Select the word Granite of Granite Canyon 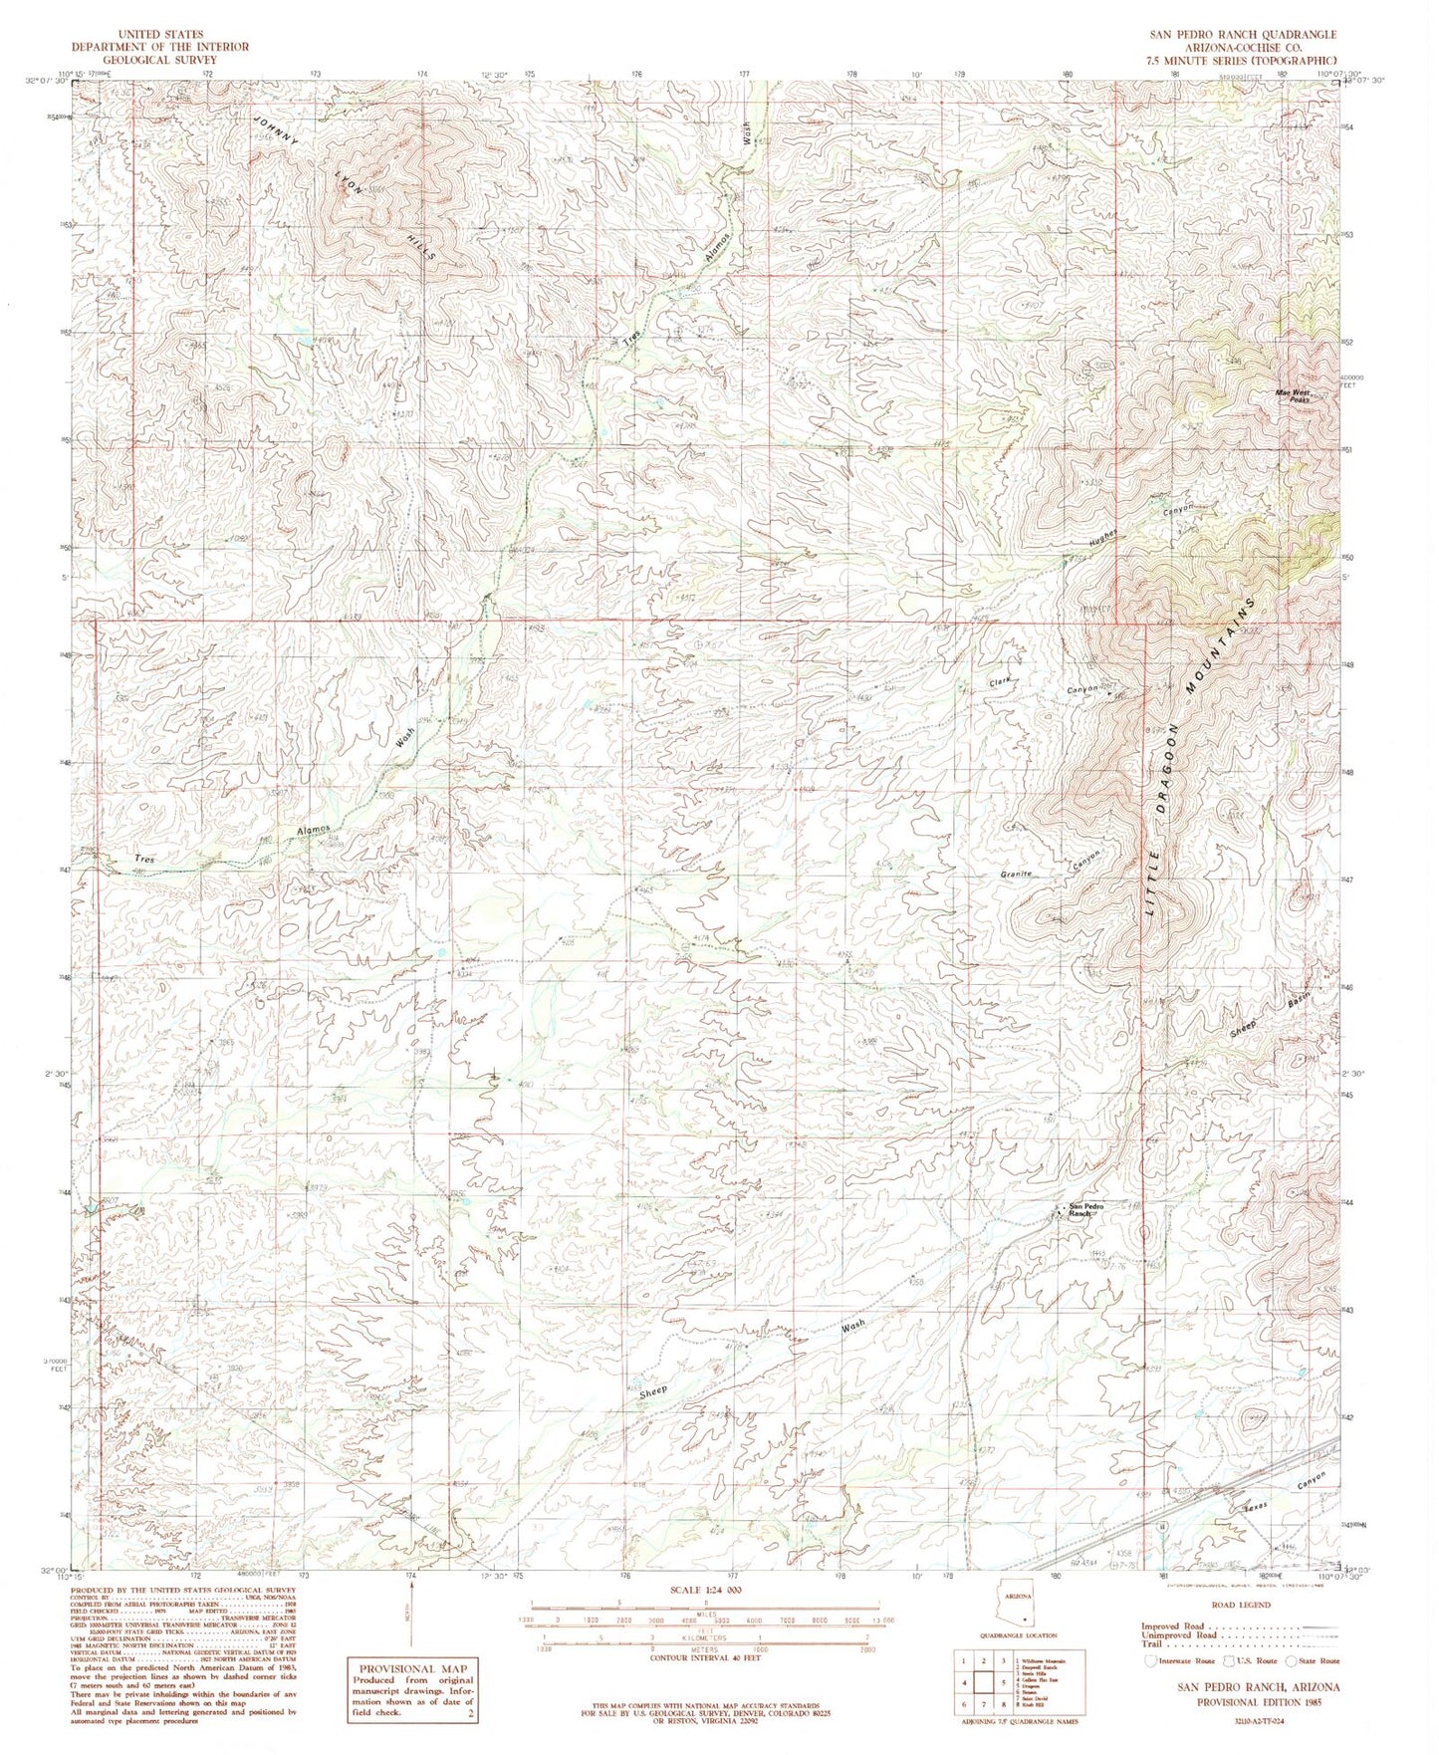(1020, 874)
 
